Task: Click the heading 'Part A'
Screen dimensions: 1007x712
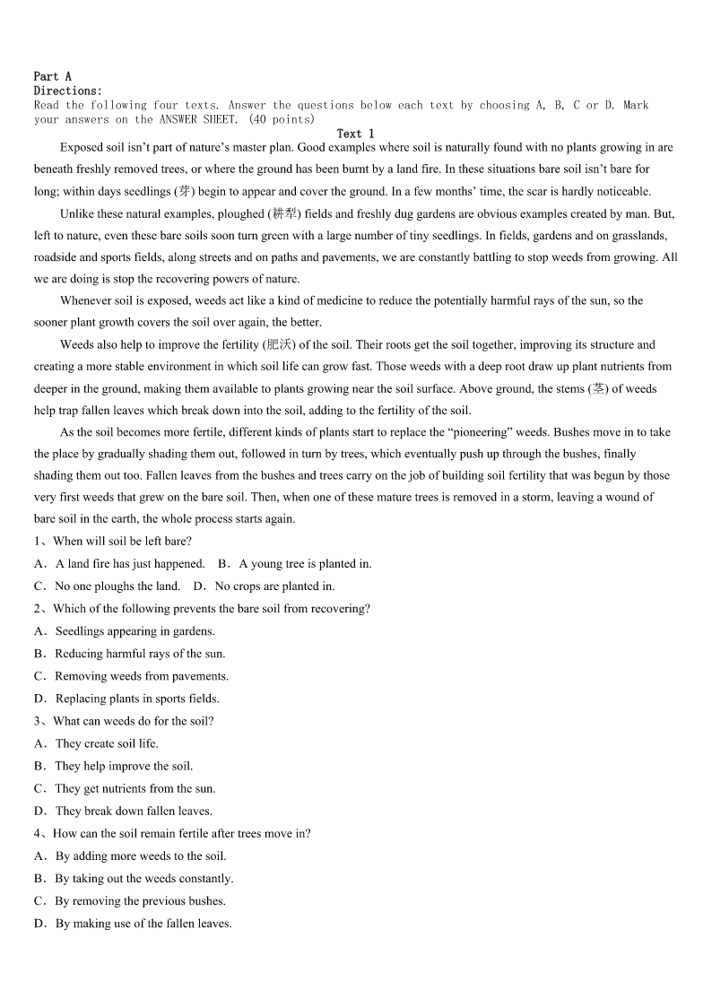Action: [52, 77]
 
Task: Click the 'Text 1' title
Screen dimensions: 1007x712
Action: [355, 134]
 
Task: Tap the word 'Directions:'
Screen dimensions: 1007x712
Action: [68, 91]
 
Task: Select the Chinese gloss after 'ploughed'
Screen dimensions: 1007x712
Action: [285, 214]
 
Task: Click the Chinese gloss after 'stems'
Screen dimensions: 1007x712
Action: [596, 388]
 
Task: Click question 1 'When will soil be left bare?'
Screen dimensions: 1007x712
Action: [122, 541]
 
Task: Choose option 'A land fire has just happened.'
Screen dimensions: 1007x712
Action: [130, 564]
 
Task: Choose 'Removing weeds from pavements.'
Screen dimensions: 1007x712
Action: [142, 676]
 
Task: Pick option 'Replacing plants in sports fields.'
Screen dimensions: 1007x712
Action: [137, 699]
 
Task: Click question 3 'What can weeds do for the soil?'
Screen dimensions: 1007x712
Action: [133, 721]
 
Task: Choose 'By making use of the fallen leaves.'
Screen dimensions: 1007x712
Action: [143, 924]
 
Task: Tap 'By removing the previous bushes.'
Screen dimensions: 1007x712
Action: [140, 901]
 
